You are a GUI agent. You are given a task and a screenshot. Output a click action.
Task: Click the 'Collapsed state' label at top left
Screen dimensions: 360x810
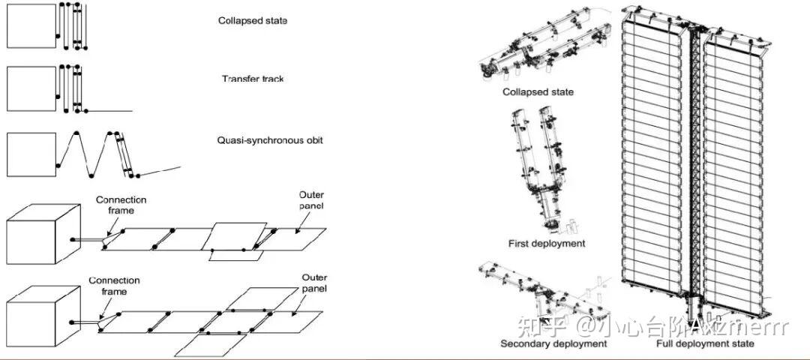[x=252, y=21]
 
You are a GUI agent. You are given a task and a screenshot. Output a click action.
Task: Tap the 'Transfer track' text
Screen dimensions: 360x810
[x=253, y=79]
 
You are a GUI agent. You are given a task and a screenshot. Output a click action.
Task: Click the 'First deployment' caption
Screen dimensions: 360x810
[x=547, y=243]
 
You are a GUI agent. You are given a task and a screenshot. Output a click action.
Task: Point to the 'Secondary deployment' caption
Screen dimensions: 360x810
[x=553, y=343]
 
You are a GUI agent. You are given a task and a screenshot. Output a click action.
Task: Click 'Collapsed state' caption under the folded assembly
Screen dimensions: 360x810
[x=538, y=91]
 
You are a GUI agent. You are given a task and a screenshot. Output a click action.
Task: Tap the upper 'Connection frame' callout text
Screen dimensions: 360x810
[x=121, y=205]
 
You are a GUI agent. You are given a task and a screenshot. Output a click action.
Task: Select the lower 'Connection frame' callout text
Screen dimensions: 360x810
[x=114, y=286]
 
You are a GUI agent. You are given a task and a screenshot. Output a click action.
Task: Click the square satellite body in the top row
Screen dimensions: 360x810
[x=31, y=26]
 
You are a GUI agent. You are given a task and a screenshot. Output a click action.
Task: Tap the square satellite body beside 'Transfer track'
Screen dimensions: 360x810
[x=31, y=89]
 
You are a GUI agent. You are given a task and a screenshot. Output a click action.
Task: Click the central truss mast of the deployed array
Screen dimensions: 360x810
[x=693, y=165]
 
